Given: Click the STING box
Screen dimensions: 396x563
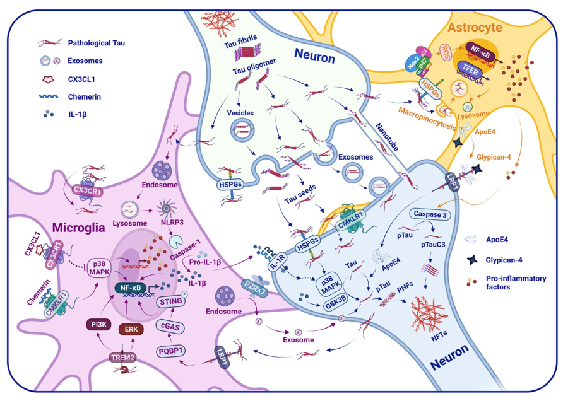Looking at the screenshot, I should (x=171, y=301).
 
